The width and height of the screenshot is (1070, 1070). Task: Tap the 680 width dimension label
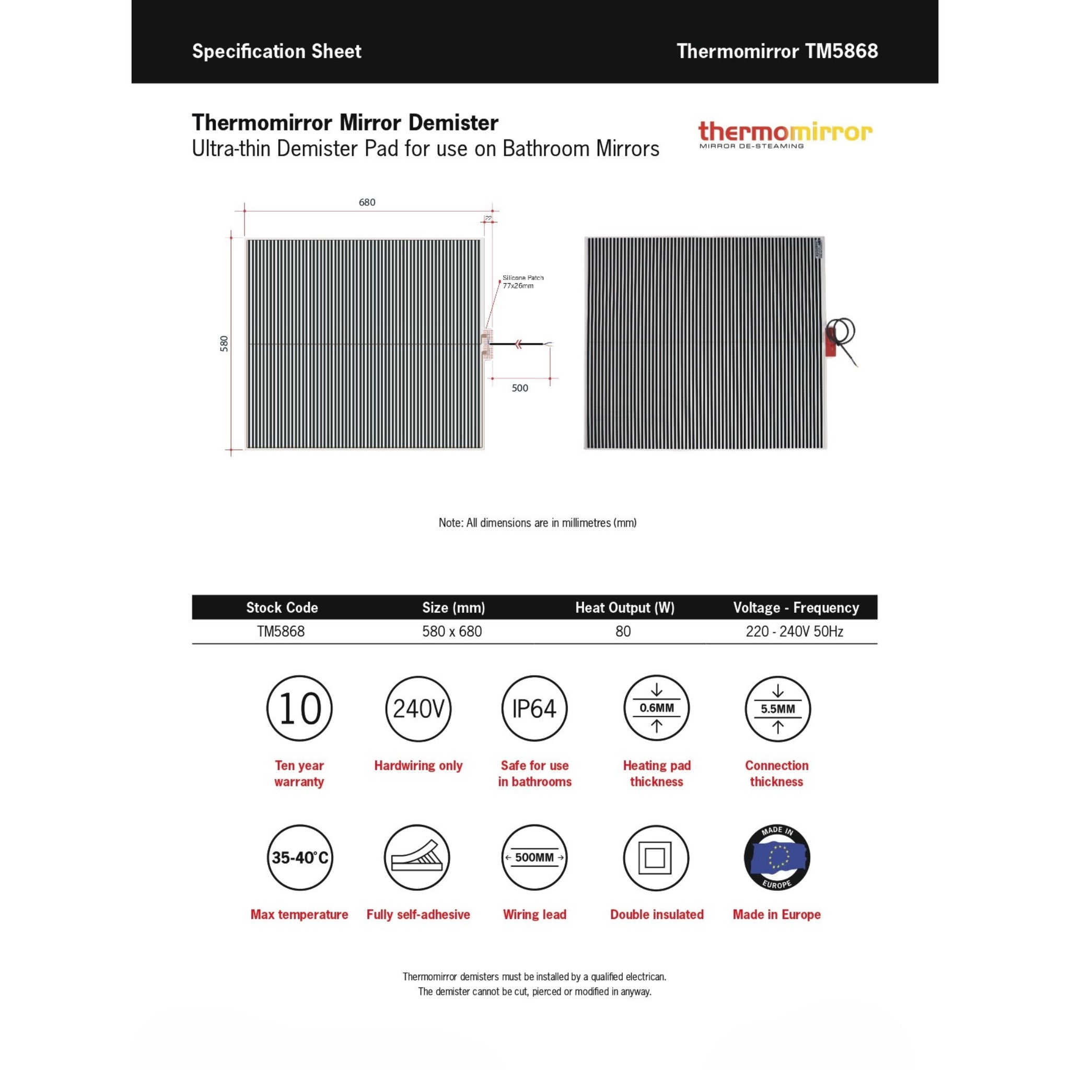367,202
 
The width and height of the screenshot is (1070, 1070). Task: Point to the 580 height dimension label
224,343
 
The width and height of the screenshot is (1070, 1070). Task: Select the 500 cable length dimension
519,388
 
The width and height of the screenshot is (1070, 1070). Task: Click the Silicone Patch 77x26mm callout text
522,282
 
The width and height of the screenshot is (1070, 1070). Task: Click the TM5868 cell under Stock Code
281,631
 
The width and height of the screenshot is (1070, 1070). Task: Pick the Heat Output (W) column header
624,608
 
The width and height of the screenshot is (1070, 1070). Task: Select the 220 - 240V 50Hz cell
794,631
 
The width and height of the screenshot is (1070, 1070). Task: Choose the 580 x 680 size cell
452,631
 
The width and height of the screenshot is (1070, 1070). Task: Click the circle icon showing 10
299,708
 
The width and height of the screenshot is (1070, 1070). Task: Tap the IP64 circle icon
534,708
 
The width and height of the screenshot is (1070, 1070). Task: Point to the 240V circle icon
418,708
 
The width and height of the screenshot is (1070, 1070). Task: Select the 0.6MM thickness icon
656,708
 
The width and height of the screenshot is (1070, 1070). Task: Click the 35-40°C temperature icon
299,857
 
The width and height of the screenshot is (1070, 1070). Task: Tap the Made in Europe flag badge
776,857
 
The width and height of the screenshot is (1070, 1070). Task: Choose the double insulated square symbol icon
656,858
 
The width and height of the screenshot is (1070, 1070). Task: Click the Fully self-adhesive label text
418,914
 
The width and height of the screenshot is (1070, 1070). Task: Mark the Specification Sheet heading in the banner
276,52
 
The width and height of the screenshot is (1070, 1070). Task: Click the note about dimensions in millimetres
537,522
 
